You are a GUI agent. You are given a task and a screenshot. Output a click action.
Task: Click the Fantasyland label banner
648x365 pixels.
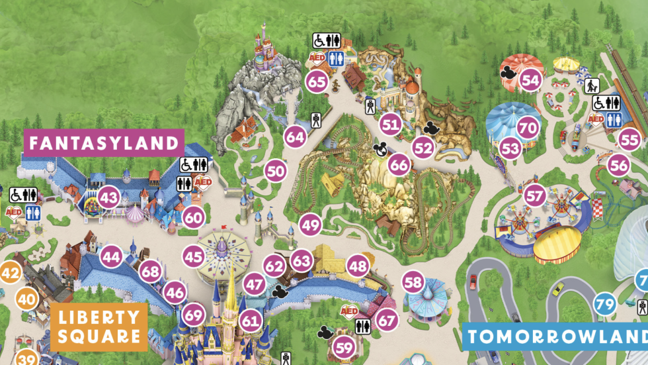coord(103,142)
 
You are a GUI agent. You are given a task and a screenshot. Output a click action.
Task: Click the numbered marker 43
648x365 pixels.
coord(109,197)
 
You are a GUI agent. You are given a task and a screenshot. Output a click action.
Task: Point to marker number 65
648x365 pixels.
coord(317,82)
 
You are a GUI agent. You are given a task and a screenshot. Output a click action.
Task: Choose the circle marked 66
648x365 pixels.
coord(399,164)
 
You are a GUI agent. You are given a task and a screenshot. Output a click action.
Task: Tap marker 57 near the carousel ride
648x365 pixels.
coord(535,196)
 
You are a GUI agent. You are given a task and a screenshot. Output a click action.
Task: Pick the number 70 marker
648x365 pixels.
coord(527,127)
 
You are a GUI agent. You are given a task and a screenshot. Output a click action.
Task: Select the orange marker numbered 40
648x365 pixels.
coord(27,299)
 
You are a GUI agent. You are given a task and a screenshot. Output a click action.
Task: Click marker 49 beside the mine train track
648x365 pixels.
coord(310,225)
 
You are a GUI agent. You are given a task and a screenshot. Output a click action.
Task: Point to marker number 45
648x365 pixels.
coord(194,256)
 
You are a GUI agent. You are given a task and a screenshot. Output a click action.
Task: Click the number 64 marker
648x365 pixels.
coord(296,137)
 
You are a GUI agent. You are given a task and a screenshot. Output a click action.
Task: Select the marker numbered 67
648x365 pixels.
coord(387,320)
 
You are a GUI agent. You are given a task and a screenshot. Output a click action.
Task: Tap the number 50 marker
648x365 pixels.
coord(276,171)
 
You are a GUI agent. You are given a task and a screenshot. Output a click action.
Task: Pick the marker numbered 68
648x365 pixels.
coord(151,272)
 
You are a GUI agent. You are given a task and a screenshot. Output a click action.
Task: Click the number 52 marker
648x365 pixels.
coord(423,148)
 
